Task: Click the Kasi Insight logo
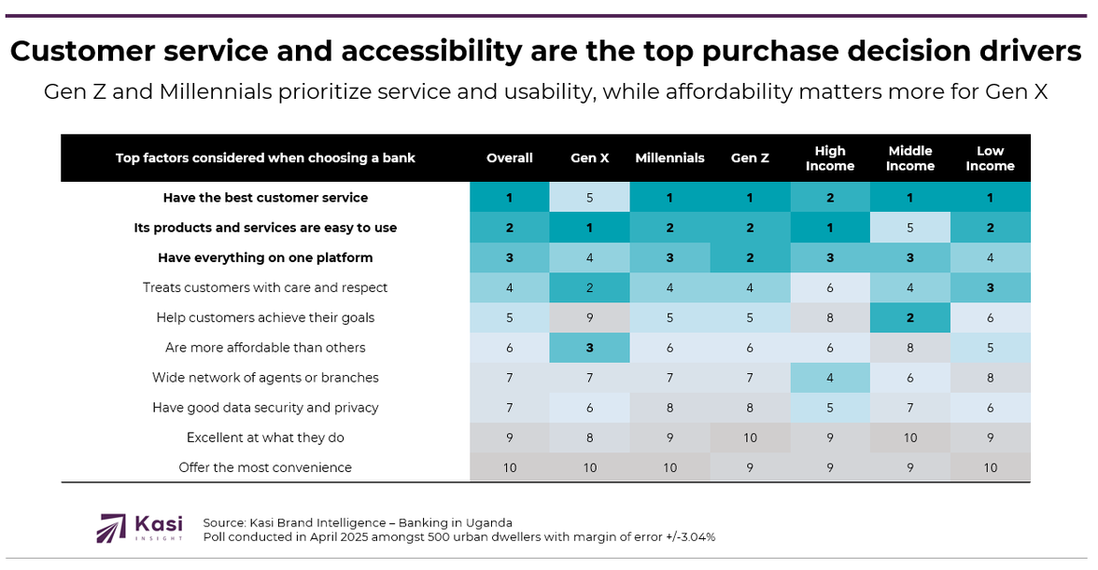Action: point(140,528)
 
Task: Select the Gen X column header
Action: point(590,159)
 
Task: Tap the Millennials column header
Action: point(669,159)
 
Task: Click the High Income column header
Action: point(830,159)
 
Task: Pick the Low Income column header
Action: point(990,159)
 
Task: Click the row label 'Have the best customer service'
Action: point(265,198)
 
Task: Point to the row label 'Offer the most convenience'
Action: point(265,467)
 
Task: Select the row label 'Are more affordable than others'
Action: point(265,348)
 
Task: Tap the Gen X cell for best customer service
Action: point(590,198)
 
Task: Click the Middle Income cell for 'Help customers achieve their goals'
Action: point(910,318)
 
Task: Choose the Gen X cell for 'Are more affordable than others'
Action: point(590,348)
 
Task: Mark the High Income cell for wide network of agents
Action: point(830,378)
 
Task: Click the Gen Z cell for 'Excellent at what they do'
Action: point(750,438)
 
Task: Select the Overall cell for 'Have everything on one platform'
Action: point(510,257)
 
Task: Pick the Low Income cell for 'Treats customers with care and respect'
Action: point(990,288)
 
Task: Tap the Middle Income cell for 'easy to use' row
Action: point(910,228)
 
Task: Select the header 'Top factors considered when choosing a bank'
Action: point(265,159)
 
